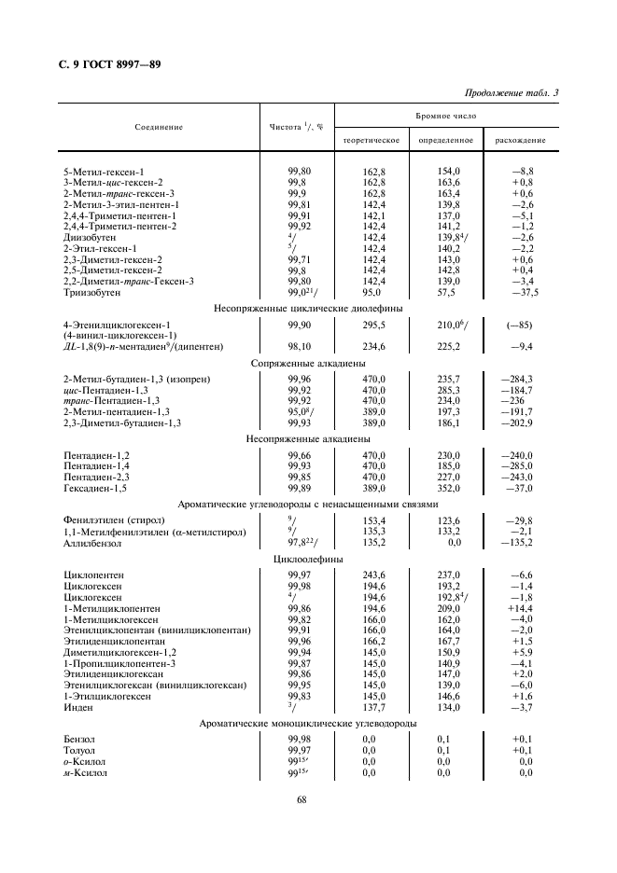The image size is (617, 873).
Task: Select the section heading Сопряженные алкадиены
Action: point(308,364)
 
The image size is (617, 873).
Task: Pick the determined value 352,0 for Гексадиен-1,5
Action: point(449,488)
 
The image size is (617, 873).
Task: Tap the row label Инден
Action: point(77,707)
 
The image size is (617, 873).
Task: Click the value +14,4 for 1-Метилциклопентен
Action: point(520,606)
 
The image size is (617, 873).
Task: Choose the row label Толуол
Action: point(78,750)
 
